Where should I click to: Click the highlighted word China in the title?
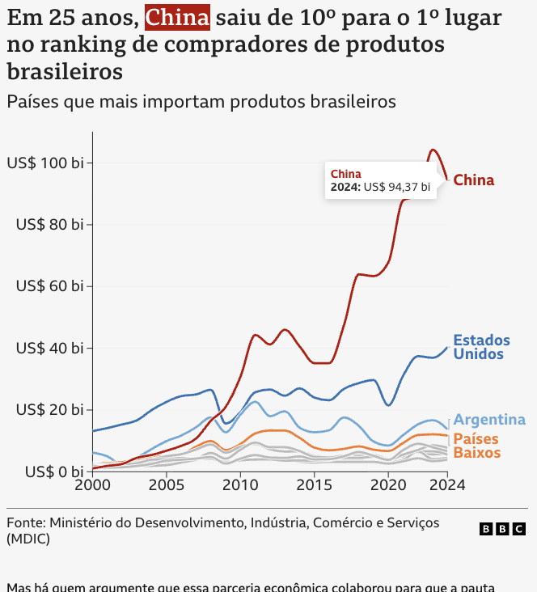tap(177, 17)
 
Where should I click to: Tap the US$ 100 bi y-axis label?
tap(45, 163)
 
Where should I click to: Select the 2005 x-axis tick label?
tap(167, 485)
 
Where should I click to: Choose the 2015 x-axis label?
tap(312, 485)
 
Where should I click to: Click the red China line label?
tap(473, 180)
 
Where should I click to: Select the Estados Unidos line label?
tap(481, 347)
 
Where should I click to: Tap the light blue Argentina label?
tap(489, 420)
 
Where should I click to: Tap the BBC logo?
tap(502, 529)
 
